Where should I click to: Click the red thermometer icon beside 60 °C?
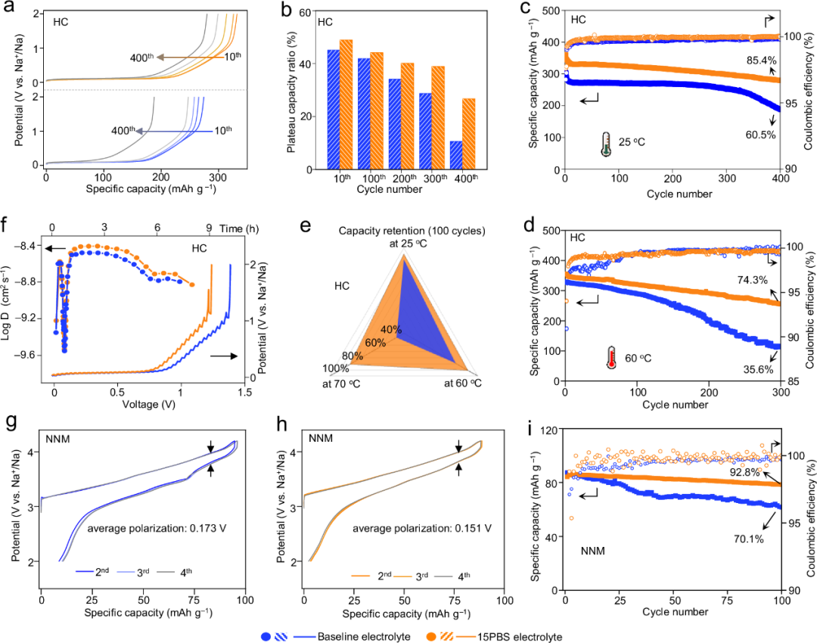click(611, 357)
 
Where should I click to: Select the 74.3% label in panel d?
click(756, 279)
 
